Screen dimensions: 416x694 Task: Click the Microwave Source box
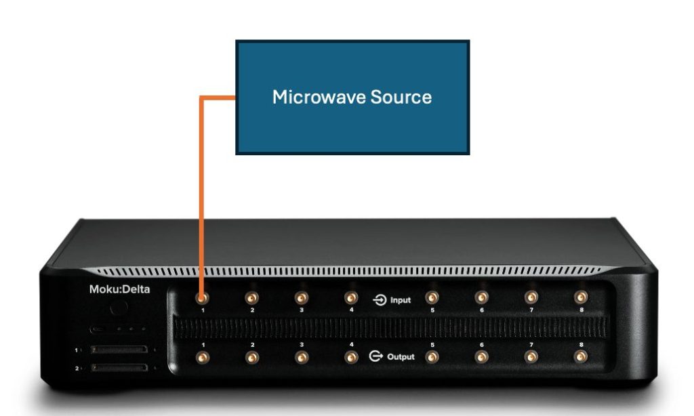352,97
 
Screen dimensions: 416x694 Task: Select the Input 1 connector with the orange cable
201,297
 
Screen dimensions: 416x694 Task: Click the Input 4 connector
350,297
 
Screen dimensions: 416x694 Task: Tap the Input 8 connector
580,297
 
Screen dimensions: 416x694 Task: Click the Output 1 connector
201,356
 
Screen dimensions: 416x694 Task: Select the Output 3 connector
301,356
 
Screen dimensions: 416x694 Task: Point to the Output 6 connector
481,356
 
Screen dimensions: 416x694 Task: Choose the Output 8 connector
581,356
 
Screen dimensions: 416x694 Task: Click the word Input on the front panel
400,299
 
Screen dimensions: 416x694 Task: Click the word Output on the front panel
401,356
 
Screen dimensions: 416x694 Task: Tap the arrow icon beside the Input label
380,299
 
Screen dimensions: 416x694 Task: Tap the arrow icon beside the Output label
377,356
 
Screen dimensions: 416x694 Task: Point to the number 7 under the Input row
531,310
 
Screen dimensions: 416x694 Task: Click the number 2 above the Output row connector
251,345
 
